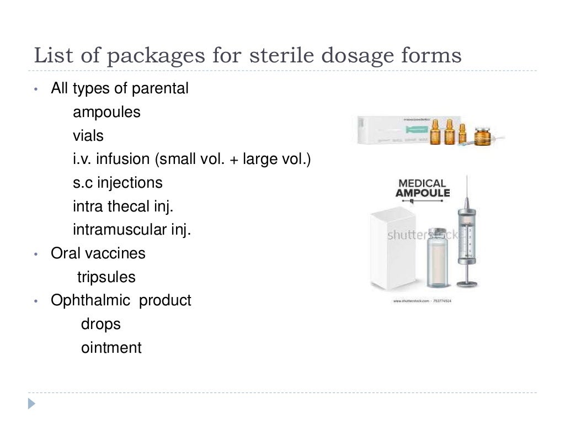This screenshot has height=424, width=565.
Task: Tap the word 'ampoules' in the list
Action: (106, 112)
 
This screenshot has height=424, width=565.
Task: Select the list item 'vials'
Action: (88, 135)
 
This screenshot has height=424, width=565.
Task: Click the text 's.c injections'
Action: (118, 182)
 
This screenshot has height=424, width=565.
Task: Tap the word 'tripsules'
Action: (106, 277)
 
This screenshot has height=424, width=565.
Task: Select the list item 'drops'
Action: (100, 324)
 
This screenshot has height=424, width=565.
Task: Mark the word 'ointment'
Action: (111, 348)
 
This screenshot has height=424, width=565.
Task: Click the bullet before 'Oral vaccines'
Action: (36, 255)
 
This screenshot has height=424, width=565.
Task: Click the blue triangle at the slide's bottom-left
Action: (32, 404)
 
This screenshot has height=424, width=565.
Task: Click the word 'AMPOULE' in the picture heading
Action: (423, 193)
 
